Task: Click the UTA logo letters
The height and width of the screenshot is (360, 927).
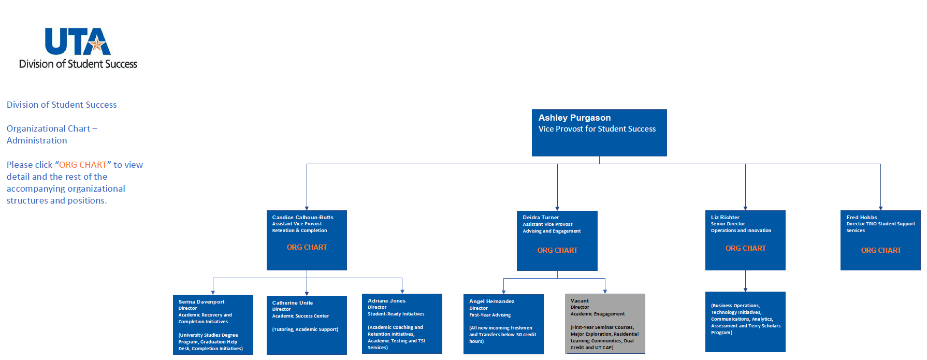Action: (78, 41)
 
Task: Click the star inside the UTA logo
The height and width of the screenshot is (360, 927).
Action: (96, 45)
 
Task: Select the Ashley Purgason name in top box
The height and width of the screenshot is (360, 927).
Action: (574, 118)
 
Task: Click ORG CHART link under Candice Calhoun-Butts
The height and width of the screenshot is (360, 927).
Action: (307, 248)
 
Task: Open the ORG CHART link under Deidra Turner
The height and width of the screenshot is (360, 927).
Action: (557, 251)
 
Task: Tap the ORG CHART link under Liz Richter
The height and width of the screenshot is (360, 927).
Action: (745, 249)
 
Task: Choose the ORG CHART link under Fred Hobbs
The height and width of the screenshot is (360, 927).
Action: (881, 251)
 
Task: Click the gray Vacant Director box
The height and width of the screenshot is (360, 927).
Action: (605, 324)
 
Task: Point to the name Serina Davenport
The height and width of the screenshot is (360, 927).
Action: (201, 302)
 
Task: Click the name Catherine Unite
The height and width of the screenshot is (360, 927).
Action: (292, 303)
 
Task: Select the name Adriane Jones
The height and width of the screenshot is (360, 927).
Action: (386, 301)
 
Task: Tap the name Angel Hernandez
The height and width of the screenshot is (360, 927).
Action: (491, 301)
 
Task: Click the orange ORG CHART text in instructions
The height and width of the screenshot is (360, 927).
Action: (83, 165)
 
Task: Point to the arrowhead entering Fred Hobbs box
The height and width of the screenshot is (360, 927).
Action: (880, 208)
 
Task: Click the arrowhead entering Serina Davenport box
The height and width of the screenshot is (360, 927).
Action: (213, 293)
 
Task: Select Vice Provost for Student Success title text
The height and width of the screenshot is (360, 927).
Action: (597, 129)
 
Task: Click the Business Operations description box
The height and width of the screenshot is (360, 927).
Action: (745, 322)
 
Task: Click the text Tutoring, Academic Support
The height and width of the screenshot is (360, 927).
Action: (305, 329)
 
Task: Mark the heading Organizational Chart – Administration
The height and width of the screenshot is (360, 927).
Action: (52, 134)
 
